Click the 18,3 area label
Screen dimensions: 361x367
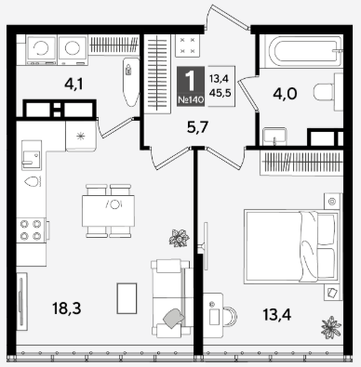67,308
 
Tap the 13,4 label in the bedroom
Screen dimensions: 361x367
277,315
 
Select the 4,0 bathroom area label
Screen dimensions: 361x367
285,94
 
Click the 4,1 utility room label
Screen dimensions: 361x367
74,84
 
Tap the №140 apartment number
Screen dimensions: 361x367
191,99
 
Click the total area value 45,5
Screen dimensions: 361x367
221,92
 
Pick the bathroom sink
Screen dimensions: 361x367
274,137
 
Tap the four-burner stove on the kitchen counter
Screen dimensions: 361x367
31,229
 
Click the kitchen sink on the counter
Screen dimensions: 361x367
32,155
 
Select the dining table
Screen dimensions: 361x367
109,211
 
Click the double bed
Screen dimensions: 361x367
291,247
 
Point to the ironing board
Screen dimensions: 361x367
131,81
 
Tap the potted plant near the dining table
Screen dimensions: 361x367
180,238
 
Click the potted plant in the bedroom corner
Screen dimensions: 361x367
331,327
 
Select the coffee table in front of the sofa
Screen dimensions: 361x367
127,298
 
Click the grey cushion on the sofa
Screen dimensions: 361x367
174,318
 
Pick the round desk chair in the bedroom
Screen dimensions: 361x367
229,317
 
